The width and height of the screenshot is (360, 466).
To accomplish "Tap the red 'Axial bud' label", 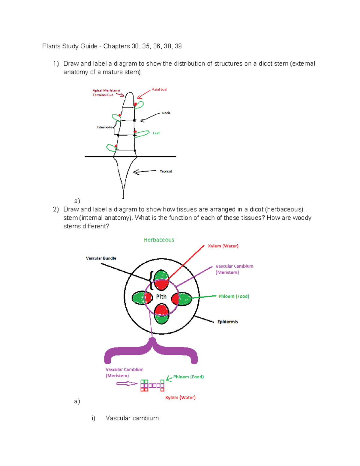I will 159,89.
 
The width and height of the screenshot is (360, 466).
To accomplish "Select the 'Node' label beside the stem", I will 166,113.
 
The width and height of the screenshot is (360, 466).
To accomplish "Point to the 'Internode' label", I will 104,127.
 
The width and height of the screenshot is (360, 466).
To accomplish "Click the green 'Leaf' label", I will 156,133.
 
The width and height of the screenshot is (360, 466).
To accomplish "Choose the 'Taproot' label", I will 166,171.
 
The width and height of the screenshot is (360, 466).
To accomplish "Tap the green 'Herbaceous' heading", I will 159,240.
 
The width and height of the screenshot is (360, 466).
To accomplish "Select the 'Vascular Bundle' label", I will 101,258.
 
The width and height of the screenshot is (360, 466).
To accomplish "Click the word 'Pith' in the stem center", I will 161,296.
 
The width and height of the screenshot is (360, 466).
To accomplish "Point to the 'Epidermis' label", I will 227,322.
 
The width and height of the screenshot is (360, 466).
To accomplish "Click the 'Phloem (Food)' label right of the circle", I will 234,296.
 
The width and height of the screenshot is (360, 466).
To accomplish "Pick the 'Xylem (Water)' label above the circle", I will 223,246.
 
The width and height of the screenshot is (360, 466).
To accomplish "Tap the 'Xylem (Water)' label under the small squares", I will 180,397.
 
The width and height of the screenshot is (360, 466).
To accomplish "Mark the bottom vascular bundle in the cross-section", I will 161,314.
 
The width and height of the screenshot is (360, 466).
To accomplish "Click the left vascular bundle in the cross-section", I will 142,298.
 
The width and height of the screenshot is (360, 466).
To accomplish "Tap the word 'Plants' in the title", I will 51,46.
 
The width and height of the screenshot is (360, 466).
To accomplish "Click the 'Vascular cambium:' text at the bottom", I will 132,418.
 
